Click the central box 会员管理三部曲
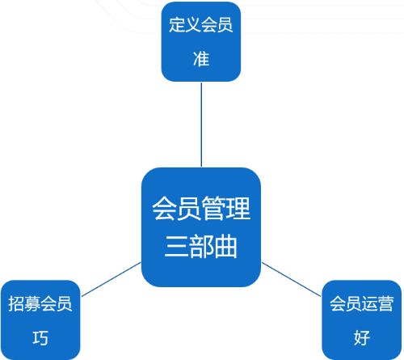[x=201, y=227]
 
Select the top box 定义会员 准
[x=201, y=41]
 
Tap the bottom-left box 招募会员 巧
[x=40, y=320]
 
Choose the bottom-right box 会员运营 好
[x=362, y=320]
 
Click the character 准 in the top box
[x=201, y=58]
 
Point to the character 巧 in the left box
[x=40, y=337]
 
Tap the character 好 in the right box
[x=362, y=337]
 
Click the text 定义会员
[x=201, y=25]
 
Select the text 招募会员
[x=40, y=303]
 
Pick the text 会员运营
[x=362, y=303]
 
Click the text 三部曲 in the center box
[x=201, y=246]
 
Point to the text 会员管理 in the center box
[x=201, y=208]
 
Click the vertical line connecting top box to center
[x=201, y=125]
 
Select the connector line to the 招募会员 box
[x=111, y=279]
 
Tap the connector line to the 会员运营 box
[x=292, y=279]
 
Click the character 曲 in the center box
[x=225, y=246]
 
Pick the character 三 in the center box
[x=176, y=246]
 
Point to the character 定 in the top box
[x=177, y=25]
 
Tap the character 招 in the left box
[x=16, y=303]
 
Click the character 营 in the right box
[x=386, y=303]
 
